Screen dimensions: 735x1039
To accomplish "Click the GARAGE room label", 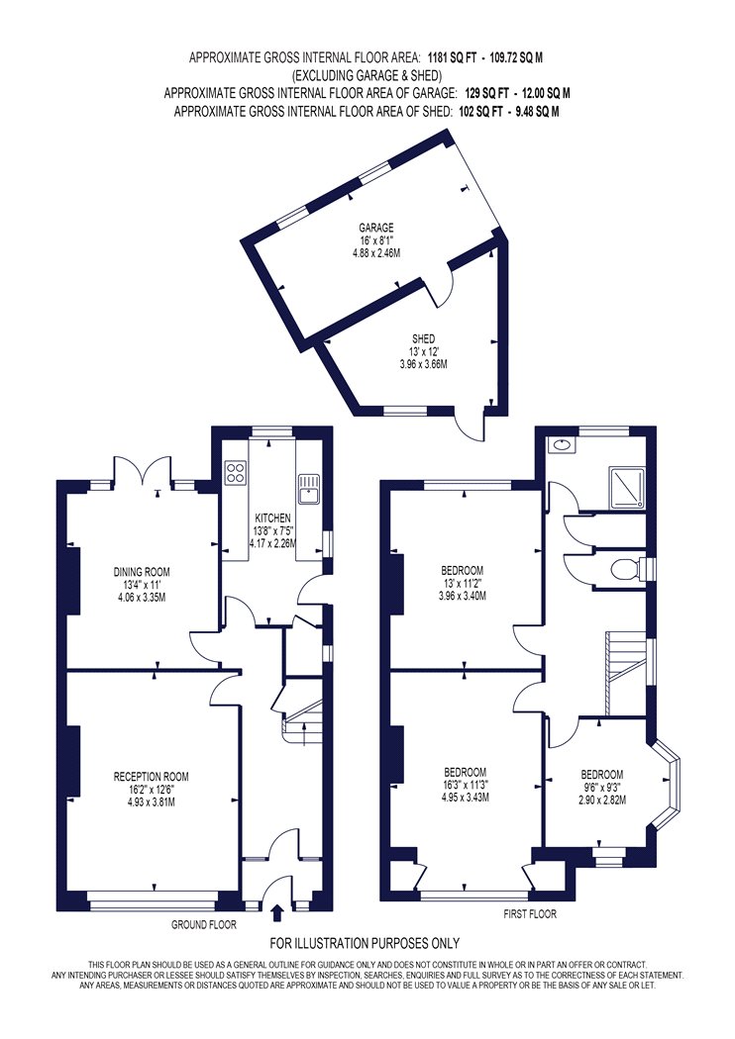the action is click(376, 228).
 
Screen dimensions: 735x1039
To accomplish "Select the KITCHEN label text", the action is click(272, 518).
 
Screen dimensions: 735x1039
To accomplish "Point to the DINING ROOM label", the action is click(142, 572).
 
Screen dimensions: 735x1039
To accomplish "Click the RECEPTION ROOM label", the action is click(152, 777).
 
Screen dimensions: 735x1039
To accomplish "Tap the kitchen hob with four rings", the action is click(236, 472).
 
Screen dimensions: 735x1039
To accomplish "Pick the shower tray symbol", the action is click(626, 487).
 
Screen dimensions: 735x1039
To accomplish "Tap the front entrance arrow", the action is click(277, 913).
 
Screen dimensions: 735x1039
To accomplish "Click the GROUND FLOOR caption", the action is click(204, 924).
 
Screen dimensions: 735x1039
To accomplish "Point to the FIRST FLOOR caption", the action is click(530, 914).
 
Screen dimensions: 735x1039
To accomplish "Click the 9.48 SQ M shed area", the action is click(533, 112).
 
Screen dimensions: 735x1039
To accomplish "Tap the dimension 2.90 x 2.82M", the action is click(602, 800).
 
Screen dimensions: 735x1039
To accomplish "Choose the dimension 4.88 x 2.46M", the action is click(376, 253).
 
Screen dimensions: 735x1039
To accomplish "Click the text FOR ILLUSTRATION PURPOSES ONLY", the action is click(365, 943).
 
